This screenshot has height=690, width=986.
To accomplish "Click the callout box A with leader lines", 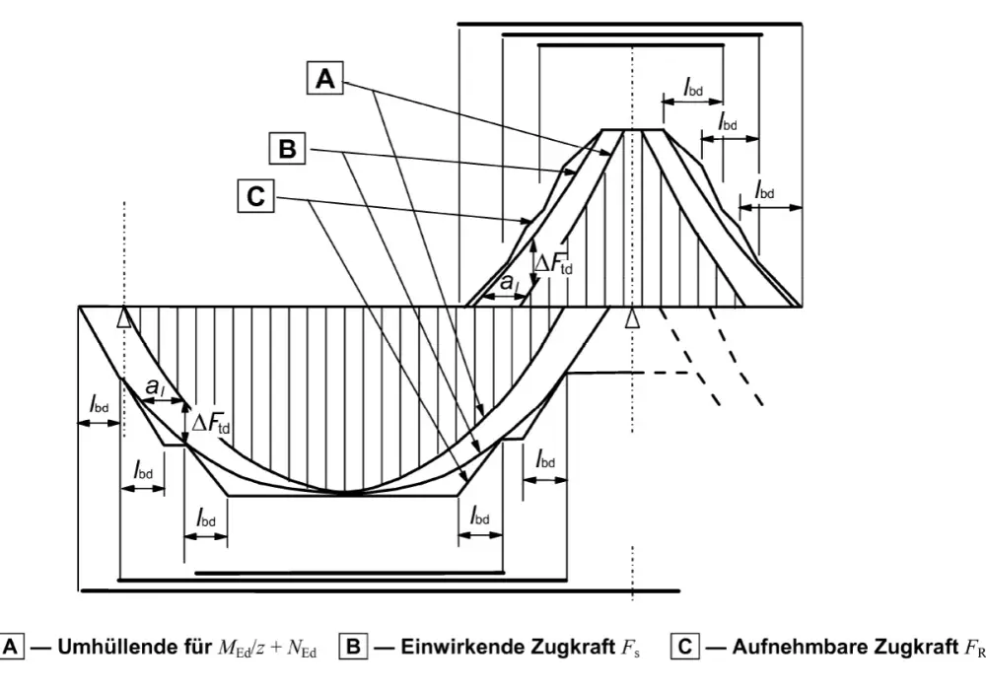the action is (x=325, y=79).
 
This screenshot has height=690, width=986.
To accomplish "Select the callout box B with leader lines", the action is (x=287, y=149).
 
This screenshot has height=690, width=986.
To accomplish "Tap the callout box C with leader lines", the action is (x=256, y=196).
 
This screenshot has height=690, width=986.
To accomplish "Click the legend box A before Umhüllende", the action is (x=11, y=647).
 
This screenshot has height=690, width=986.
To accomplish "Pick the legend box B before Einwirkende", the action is (x=353, y=647).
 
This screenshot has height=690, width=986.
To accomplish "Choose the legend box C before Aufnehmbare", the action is (x=685, y=647).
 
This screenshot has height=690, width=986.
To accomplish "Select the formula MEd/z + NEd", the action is (x=267, y=648).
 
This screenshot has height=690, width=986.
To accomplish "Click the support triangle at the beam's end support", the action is (x=124, y=318).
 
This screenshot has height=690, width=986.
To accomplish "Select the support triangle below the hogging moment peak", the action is (x=633, y=318).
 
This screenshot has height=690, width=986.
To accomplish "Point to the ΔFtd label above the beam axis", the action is (x=553, y=262).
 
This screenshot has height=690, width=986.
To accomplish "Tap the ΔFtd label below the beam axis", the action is (x=211, y=423).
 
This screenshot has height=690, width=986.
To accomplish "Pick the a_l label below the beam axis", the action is (x=155, y=387).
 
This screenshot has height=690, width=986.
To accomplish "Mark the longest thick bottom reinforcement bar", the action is (x=381, y=590).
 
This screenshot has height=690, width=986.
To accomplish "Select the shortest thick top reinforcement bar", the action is (x=631, y=45).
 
